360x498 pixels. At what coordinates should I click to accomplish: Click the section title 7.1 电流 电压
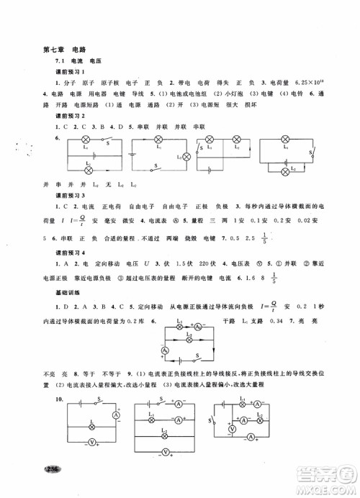click(71, 64)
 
